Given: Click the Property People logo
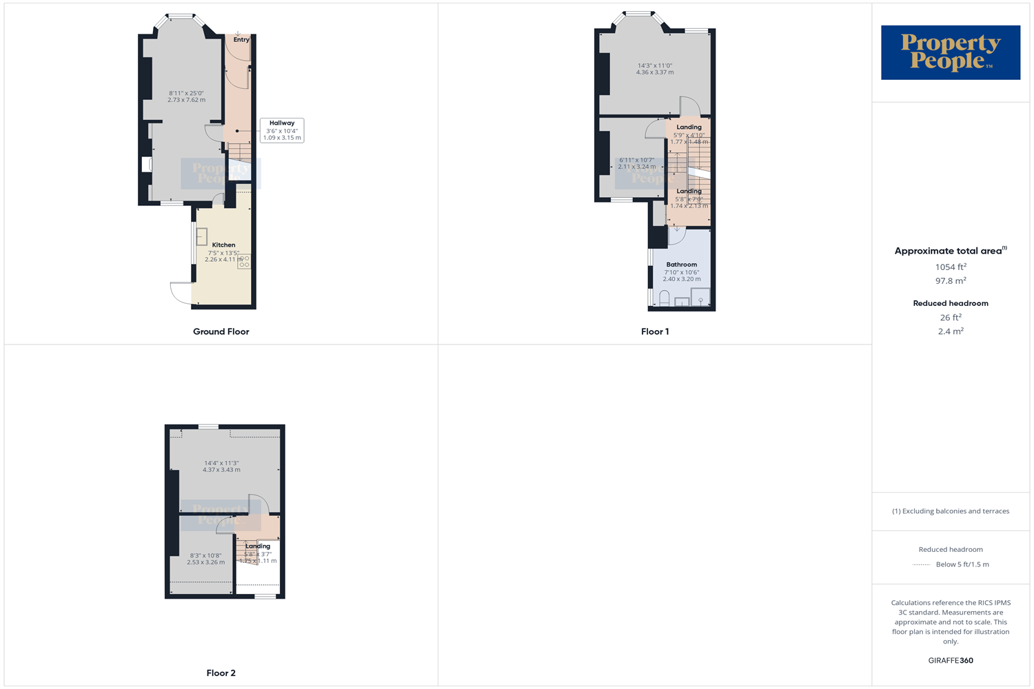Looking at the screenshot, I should tap(950, 52).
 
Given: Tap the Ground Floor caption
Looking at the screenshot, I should tap(221, 331).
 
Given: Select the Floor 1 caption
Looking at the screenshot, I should tap(654, 331).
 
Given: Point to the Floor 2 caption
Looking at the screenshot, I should tap(221, 673).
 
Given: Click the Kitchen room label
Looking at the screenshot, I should tap(223, 245).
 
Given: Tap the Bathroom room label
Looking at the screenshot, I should tap(681, 265).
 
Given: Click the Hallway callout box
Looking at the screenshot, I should tap(282, 130).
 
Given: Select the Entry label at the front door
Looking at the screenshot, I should tap(241, 40).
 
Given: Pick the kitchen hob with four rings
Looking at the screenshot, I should tap(244, 262).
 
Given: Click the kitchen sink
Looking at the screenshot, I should tap(202, 236).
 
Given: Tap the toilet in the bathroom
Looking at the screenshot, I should tap(665, 298).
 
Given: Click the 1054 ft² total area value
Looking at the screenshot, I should tap(950, 267).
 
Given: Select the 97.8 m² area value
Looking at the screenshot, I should tap(950, 281).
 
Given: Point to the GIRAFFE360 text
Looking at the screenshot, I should tap(950, 661).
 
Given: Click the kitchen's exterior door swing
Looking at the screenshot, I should tap(181, 293).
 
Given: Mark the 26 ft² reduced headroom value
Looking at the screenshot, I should tap(950, 318).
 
